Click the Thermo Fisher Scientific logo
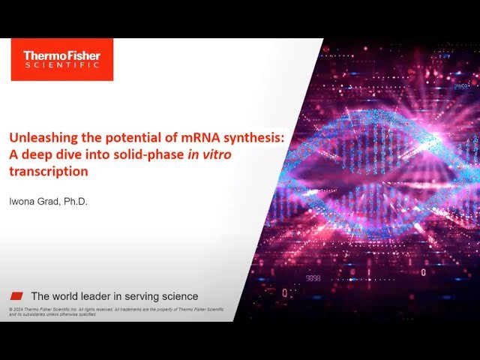(x=61, y=59)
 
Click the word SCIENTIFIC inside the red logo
(x=61, y=66)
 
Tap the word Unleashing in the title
(x=36, y=138)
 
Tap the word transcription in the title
(x=48, y=171)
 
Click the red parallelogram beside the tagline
(x=16, y=295)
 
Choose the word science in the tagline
(x=180, y=296)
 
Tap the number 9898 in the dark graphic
(x=313, y=277)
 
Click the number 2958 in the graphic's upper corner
(x=460, y=88)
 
